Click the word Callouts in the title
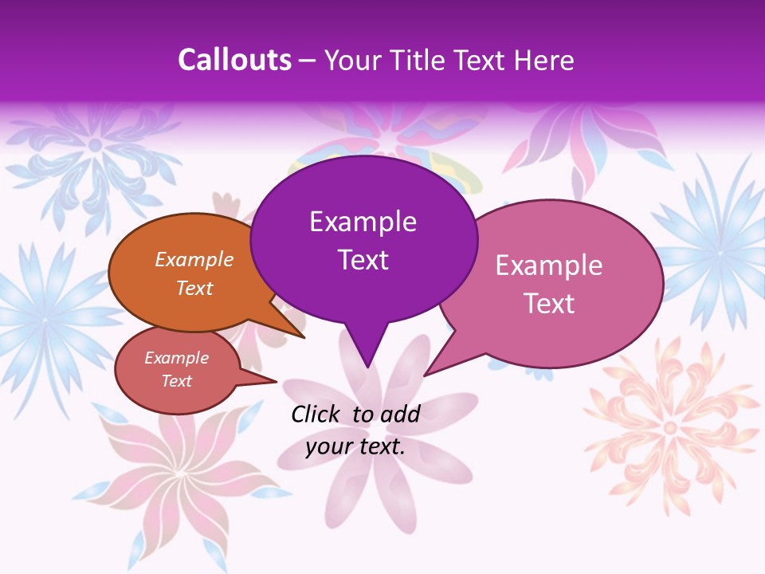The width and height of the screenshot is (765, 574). pyautogui.click(x=234, y=60)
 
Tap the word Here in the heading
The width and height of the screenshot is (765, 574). pyautogui.click(x=544, y=60)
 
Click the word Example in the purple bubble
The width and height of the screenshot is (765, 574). pyautogui.click(x=363, y=222)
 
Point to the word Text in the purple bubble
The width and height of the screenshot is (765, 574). pyautogui.click(x=363, y=260)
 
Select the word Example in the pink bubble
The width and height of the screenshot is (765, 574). pyautogui.click(x=549, y=265)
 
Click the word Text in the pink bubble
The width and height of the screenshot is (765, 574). pyautogui.click(x=549, y=304)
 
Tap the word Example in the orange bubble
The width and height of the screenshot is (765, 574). pyautogui.click(x=194, y=259)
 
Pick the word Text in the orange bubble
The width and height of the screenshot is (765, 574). pyautogui.click(x=194, y=288)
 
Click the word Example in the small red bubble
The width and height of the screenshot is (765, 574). pyautogui.click(x=177, y=358)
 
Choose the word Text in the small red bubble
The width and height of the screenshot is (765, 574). pyautogui.click(x=177, y=381)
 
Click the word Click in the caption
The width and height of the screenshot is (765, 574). pyautogui.click(x=316, y=414)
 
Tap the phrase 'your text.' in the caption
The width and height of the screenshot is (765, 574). pyautogui.click(x=355, y=446)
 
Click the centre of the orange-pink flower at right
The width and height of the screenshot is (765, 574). pyautogui.click(x=670, y=427)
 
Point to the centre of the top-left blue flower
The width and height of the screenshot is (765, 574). pyautogui.click(x=96, y=144)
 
